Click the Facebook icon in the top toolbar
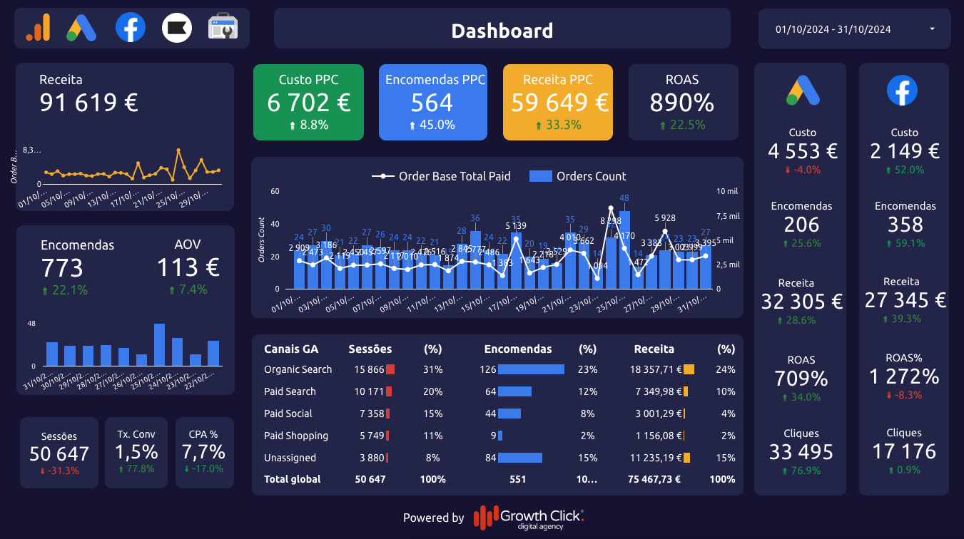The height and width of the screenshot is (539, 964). pos(131,28)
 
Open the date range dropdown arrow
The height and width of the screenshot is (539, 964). pos(933,29)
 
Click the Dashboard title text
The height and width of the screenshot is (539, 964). pos(502,31)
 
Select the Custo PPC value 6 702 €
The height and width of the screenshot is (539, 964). pos(308,103)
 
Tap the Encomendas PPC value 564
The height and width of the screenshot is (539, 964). pos(432,103)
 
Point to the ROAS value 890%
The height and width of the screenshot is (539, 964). pos(682,103)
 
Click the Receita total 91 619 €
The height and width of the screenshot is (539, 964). pos(88,102)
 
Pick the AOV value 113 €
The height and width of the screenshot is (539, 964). pos(188,267)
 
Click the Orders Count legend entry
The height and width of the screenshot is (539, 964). pos(578,176)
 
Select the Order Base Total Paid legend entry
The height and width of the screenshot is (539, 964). pos(442,176)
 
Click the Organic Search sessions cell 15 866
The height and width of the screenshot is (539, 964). pos(369,369)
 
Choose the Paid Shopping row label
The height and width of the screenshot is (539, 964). pos(296,436)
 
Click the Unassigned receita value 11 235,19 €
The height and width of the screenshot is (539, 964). pos(655,458)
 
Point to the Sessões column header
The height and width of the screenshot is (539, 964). pos(370,349)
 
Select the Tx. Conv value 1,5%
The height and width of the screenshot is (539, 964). pos(136,451)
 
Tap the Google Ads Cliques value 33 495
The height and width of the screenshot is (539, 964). pos(801,452)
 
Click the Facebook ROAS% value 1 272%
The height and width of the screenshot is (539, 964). pos(904,376)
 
